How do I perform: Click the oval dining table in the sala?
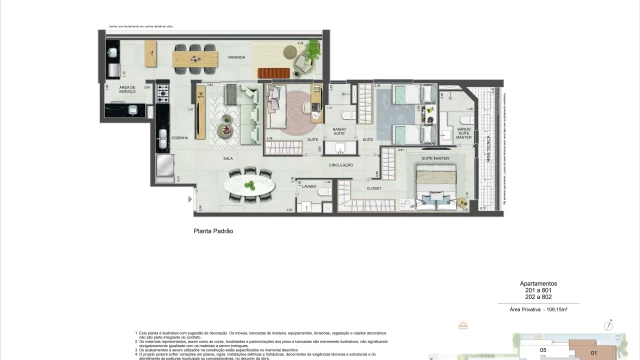[250, 184]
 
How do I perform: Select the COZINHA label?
[180, 136]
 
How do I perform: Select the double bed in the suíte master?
[436, 187]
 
